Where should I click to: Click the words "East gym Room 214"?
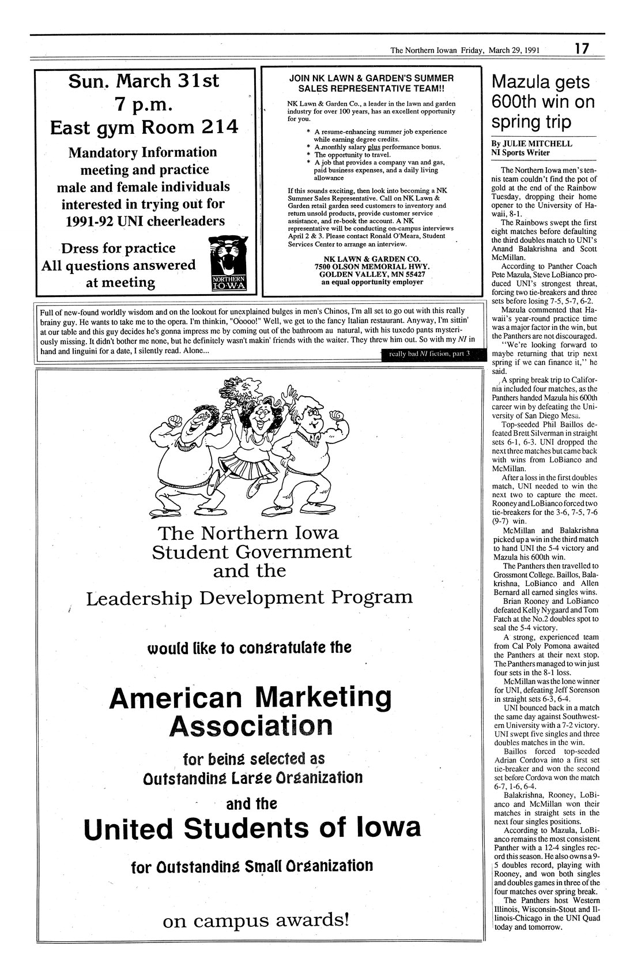pos(144,127)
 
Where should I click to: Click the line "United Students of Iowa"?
pos(252,829)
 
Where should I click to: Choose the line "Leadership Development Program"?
pos(249,598)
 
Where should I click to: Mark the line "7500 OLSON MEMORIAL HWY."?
pos(371,267)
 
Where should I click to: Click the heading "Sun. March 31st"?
pos(144,81)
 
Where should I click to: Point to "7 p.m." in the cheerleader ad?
pos(144,105)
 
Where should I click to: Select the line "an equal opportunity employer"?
pos(372,282)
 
